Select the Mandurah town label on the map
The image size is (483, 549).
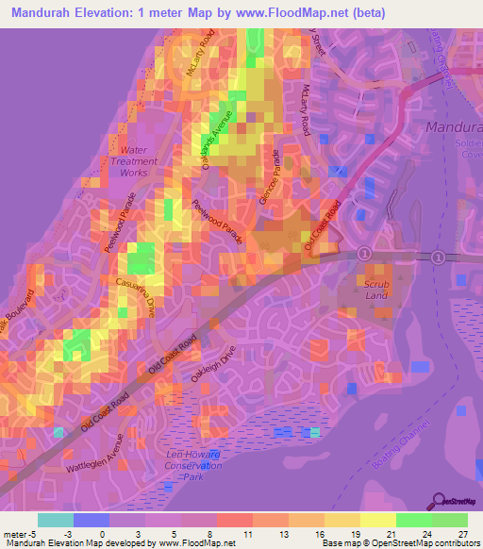[x=454, y=126]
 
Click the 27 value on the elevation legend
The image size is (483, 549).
[x=461, y=534]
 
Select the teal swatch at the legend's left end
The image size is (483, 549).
[x=55, y=520]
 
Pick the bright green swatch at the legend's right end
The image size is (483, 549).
[x=449, y=520]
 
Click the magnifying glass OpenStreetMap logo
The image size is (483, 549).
[x=438, y=501]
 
